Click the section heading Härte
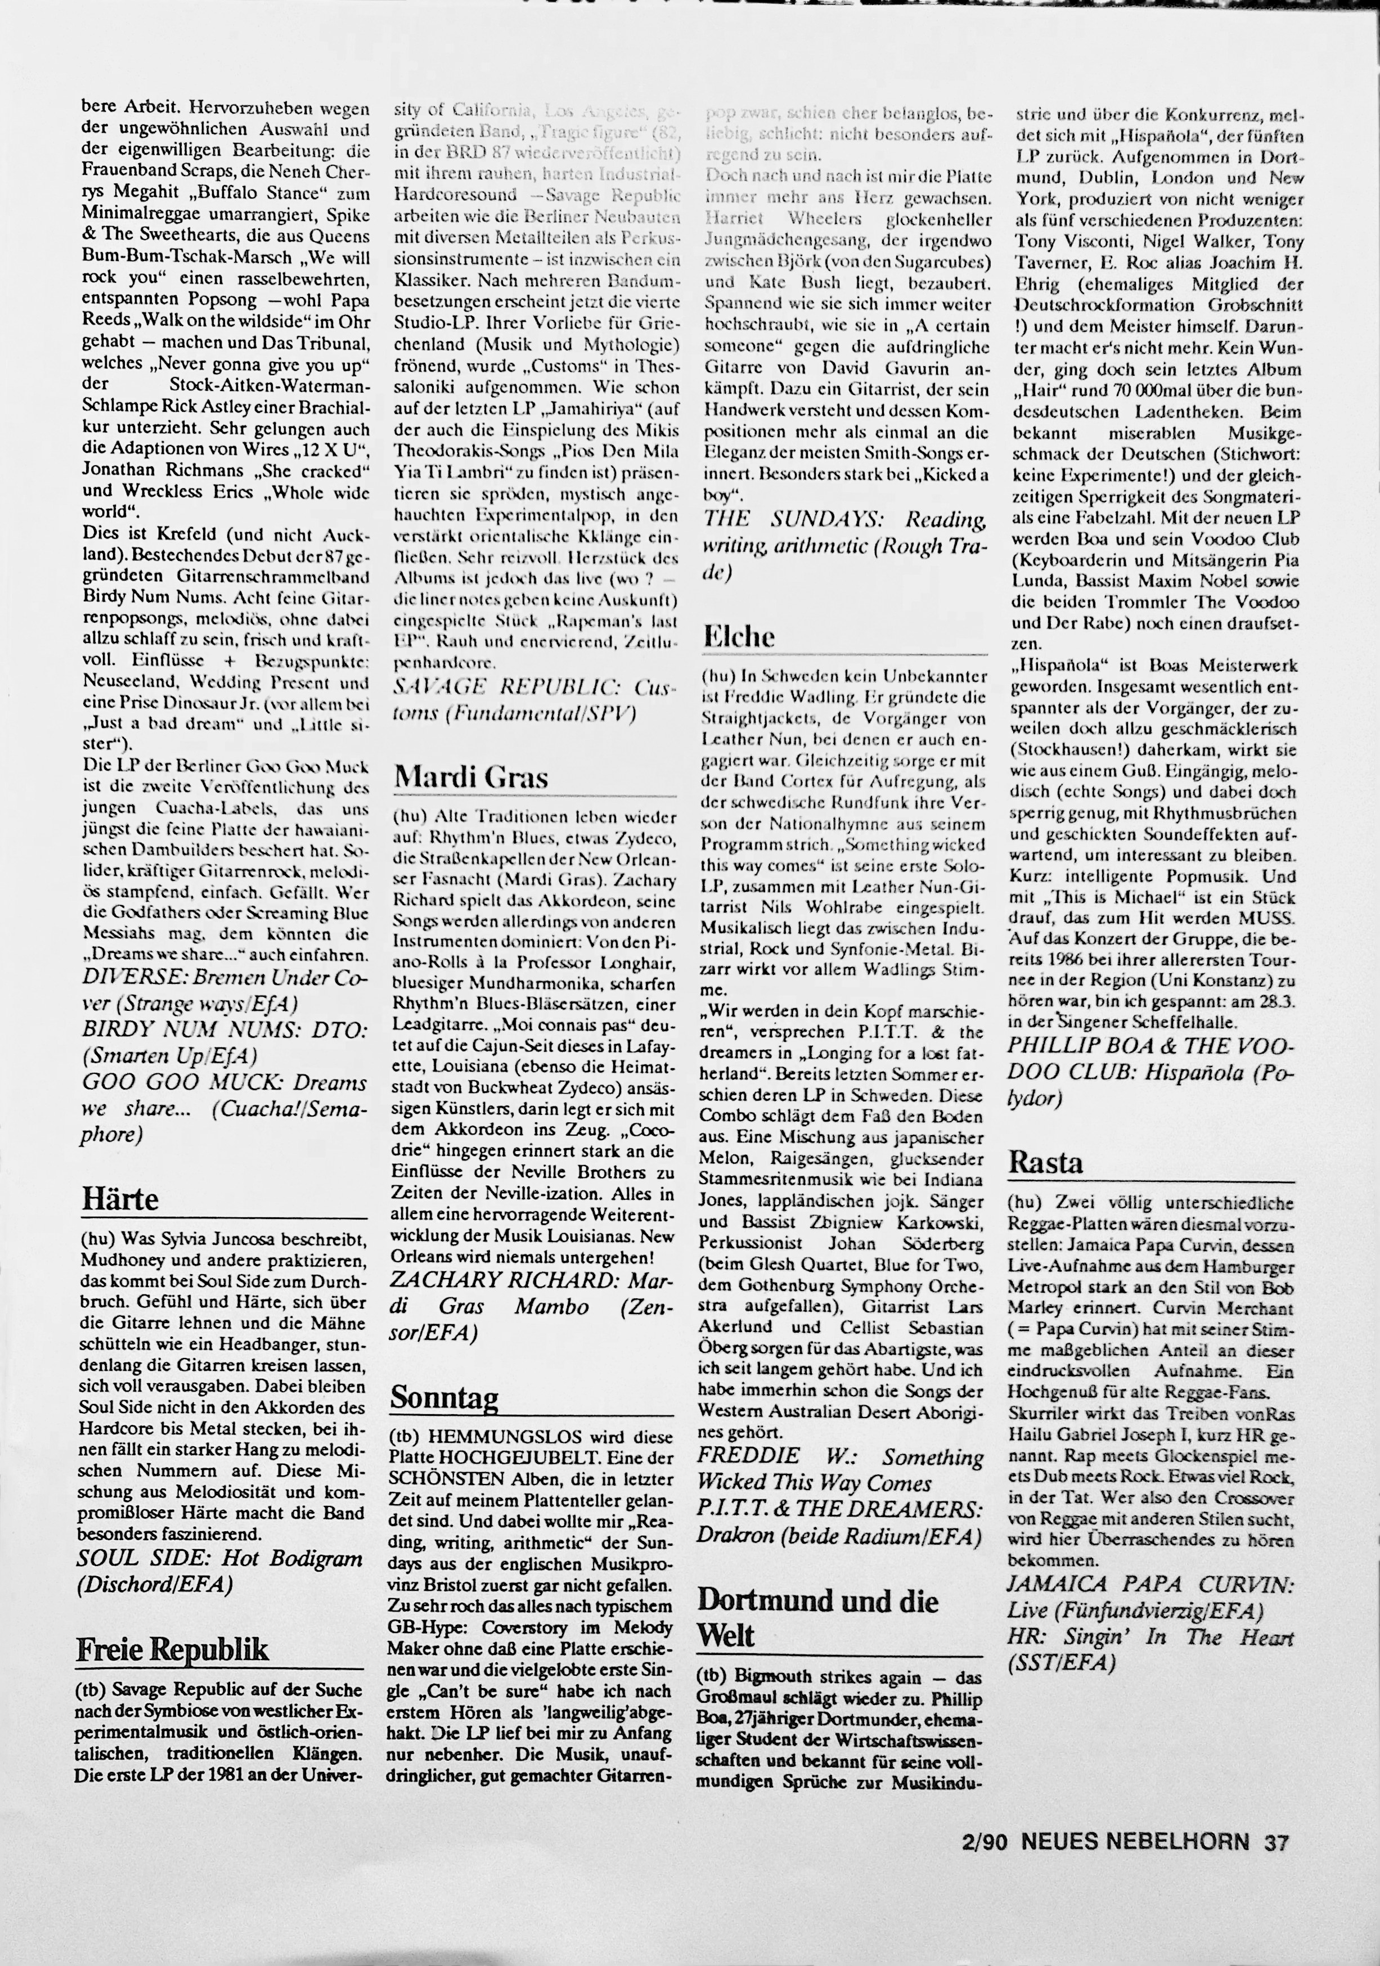(x=120, y=1198)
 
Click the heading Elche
(x=739, y=636)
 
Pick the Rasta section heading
(x=1045, y=1162)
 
